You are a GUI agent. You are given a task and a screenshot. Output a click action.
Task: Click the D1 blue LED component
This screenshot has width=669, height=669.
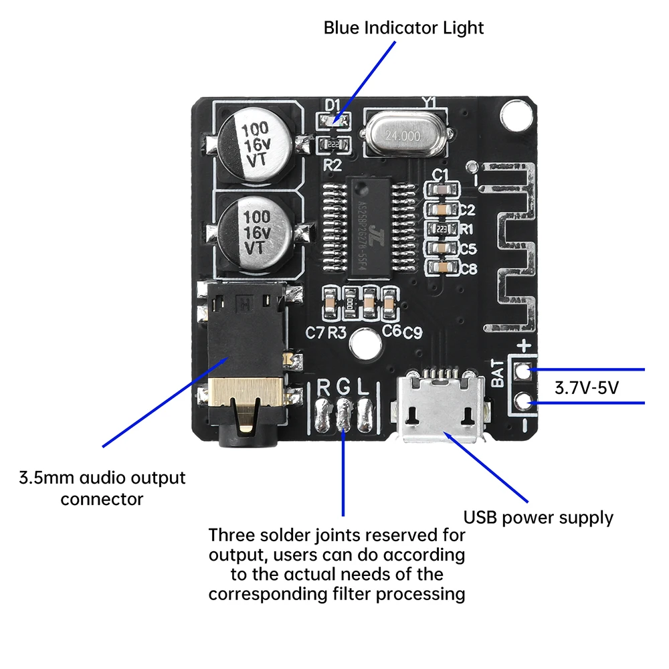pos(332,121)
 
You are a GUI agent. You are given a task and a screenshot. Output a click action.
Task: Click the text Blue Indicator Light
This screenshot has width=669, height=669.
pos(403,28)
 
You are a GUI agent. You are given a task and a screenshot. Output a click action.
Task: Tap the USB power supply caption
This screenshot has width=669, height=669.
pos(539,517)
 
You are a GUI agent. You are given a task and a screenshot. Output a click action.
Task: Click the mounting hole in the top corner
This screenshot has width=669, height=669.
pos(514,114)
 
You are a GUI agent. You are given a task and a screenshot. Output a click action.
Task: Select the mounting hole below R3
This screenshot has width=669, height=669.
pos(364,344)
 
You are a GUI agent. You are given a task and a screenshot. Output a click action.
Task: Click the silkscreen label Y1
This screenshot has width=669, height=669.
pos(429,102)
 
